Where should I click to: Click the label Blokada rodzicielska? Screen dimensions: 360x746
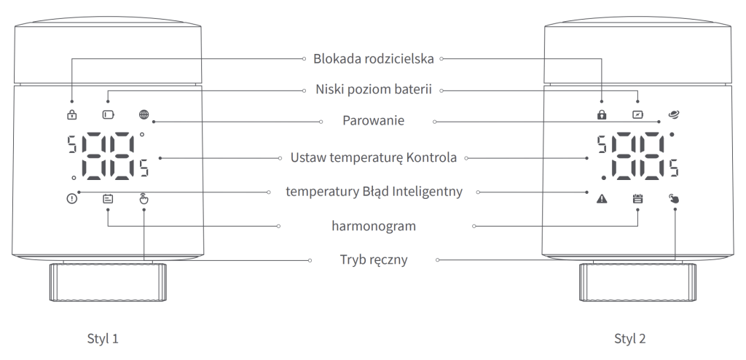coord(374,58)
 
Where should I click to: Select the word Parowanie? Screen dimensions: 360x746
coord(374,120)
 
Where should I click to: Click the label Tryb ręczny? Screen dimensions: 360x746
coord(374,259)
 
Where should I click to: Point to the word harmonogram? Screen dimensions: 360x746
coord(374,226)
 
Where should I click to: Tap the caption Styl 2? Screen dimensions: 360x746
coord(630,339)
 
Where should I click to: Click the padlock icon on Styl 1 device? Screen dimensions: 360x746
coord(72,114)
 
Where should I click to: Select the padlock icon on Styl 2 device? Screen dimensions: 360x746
coord(602,114)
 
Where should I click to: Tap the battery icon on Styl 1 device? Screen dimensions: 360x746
coord(108,114)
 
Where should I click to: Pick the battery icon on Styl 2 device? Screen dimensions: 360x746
coord(638,114)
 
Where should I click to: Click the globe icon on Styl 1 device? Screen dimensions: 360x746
coord(144,114)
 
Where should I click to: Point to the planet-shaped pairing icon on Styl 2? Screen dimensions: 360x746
coord(674,114)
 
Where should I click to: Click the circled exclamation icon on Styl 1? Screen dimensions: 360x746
coord(72,197)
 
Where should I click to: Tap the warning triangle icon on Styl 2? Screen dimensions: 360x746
coord(602,197)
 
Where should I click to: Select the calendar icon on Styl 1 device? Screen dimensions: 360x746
coord(108,197)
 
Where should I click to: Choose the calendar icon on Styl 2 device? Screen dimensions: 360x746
coord(638,197)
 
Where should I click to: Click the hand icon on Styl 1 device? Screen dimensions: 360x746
coord(144,197)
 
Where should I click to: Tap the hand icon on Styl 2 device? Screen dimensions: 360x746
coord(674,197)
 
